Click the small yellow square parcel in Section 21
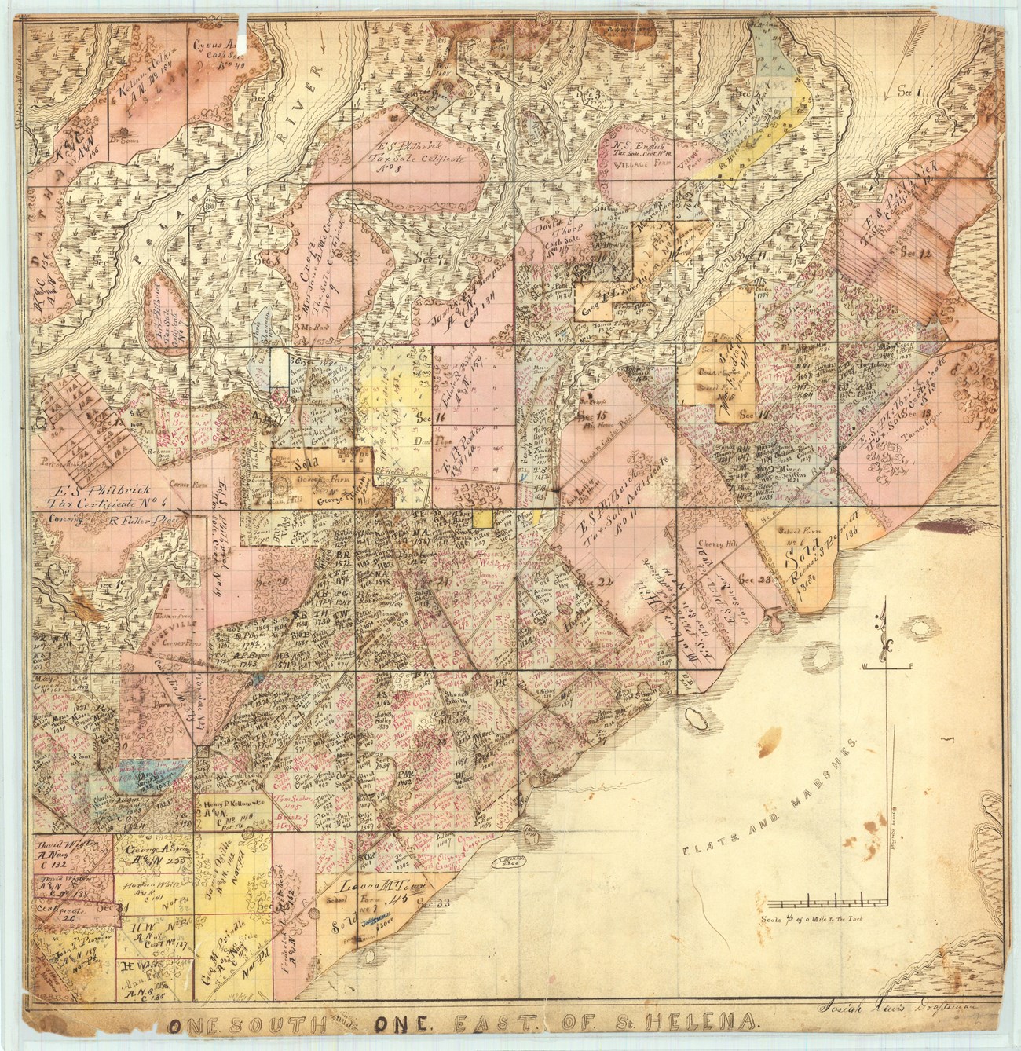coord(482,518)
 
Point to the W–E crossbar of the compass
coord(887,667)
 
